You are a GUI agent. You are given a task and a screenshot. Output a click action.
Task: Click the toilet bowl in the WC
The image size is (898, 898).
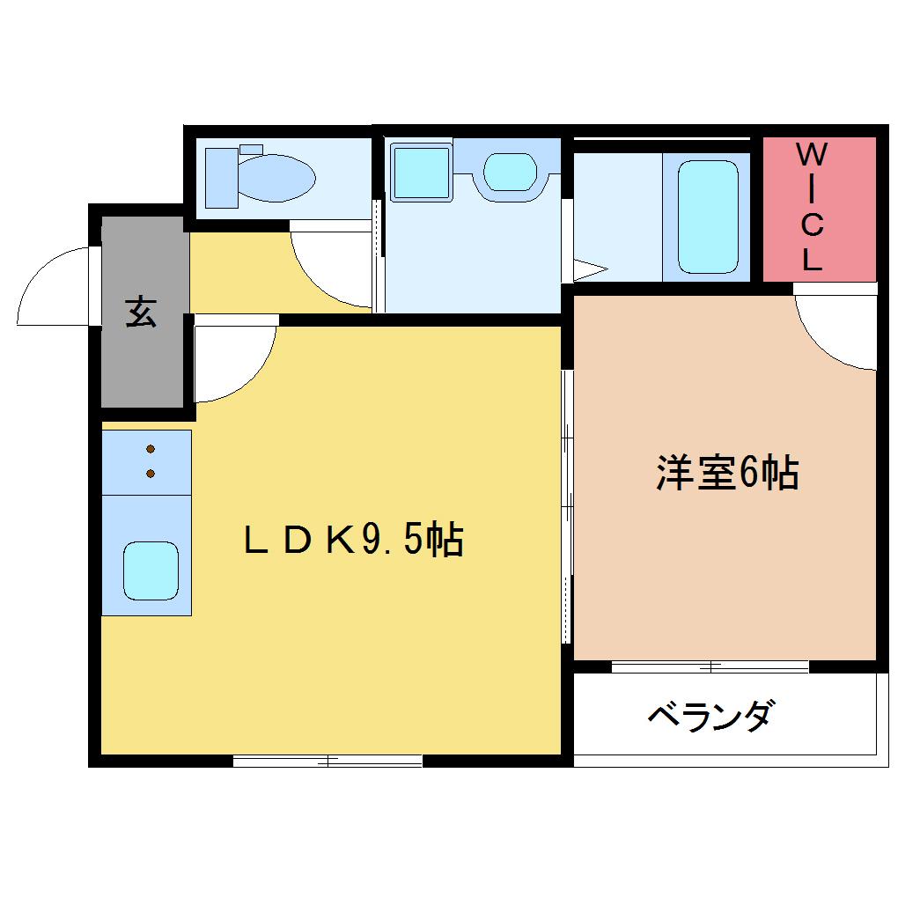click(x=276, y=178)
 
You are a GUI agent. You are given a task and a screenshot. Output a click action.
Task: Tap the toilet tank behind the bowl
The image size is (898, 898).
click(x=222, y=178)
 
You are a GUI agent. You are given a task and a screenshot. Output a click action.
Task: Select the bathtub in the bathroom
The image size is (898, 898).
click(x=708, y=217)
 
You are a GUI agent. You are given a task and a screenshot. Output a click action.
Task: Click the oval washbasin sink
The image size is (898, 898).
click(x=510, y=172)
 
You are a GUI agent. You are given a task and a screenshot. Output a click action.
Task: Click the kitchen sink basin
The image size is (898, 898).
click(x=151, y=571)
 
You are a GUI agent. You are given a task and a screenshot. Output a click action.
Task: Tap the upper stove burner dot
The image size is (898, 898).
click(x=151, y=448)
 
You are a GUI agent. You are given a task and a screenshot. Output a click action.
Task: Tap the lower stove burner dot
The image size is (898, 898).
click(x=151, y=473)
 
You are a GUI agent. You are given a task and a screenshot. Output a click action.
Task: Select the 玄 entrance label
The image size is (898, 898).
click(x=141, y=311)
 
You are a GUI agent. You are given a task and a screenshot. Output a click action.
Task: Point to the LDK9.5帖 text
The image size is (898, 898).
click(x=353, y=540)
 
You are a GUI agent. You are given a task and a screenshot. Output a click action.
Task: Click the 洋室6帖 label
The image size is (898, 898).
click(x=727, y=473)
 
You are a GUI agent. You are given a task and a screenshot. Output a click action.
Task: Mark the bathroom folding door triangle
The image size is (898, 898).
click(x=590, y=269)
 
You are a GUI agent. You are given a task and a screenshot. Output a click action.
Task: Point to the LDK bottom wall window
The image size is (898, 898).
click(x=328, y=762)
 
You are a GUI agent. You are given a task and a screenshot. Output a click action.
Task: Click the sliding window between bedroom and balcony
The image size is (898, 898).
click(x=710, y=666)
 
